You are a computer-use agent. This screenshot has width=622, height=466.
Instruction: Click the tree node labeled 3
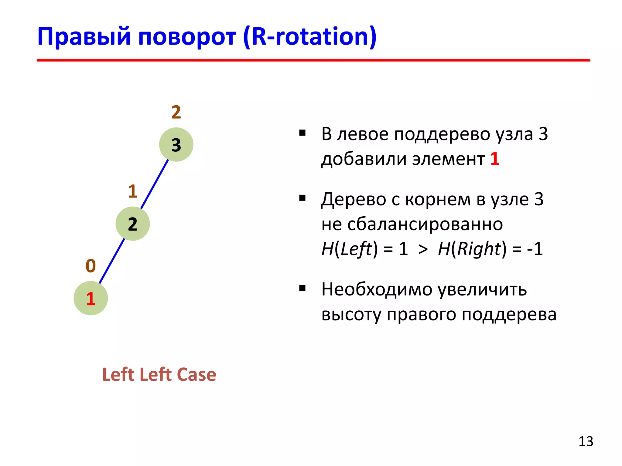(x=176, y=144)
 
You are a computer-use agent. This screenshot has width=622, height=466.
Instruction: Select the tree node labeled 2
(x=133, y=224)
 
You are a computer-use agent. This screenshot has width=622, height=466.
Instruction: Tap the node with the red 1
(x=91, y=299)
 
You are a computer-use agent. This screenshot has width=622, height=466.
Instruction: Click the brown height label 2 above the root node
(x=176, y=112)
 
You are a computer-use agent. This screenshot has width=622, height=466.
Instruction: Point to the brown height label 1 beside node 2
(x=133, y=191)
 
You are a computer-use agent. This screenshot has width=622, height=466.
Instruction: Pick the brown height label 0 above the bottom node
(x=91, y=266)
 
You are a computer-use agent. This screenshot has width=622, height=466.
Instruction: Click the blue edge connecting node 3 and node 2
(x=154, y=184)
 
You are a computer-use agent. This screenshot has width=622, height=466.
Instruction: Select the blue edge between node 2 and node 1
(x=112, y=262)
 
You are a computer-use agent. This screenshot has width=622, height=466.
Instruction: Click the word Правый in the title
(x=84, y=37)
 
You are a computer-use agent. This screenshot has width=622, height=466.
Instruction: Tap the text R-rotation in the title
(x=309, y=37)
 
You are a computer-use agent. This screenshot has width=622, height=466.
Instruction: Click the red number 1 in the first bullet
(x=495, y=159)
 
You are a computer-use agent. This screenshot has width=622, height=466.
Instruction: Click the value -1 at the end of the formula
(x=535, y=249)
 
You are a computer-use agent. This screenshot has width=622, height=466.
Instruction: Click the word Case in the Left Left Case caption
(x=196, y=374)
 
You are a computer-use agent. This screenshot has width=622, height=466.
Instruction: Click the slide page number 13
(x=586, y=441)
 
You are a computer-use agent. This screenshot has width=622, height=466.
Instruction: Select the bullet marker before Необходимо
(x=302, y=288)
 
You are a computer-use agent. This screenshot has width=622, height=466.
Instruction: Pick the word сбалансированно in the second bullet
(x=425, y=224)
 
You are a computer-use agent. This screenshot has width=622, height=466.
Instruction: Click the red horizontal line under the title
(x=313, y=60)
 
